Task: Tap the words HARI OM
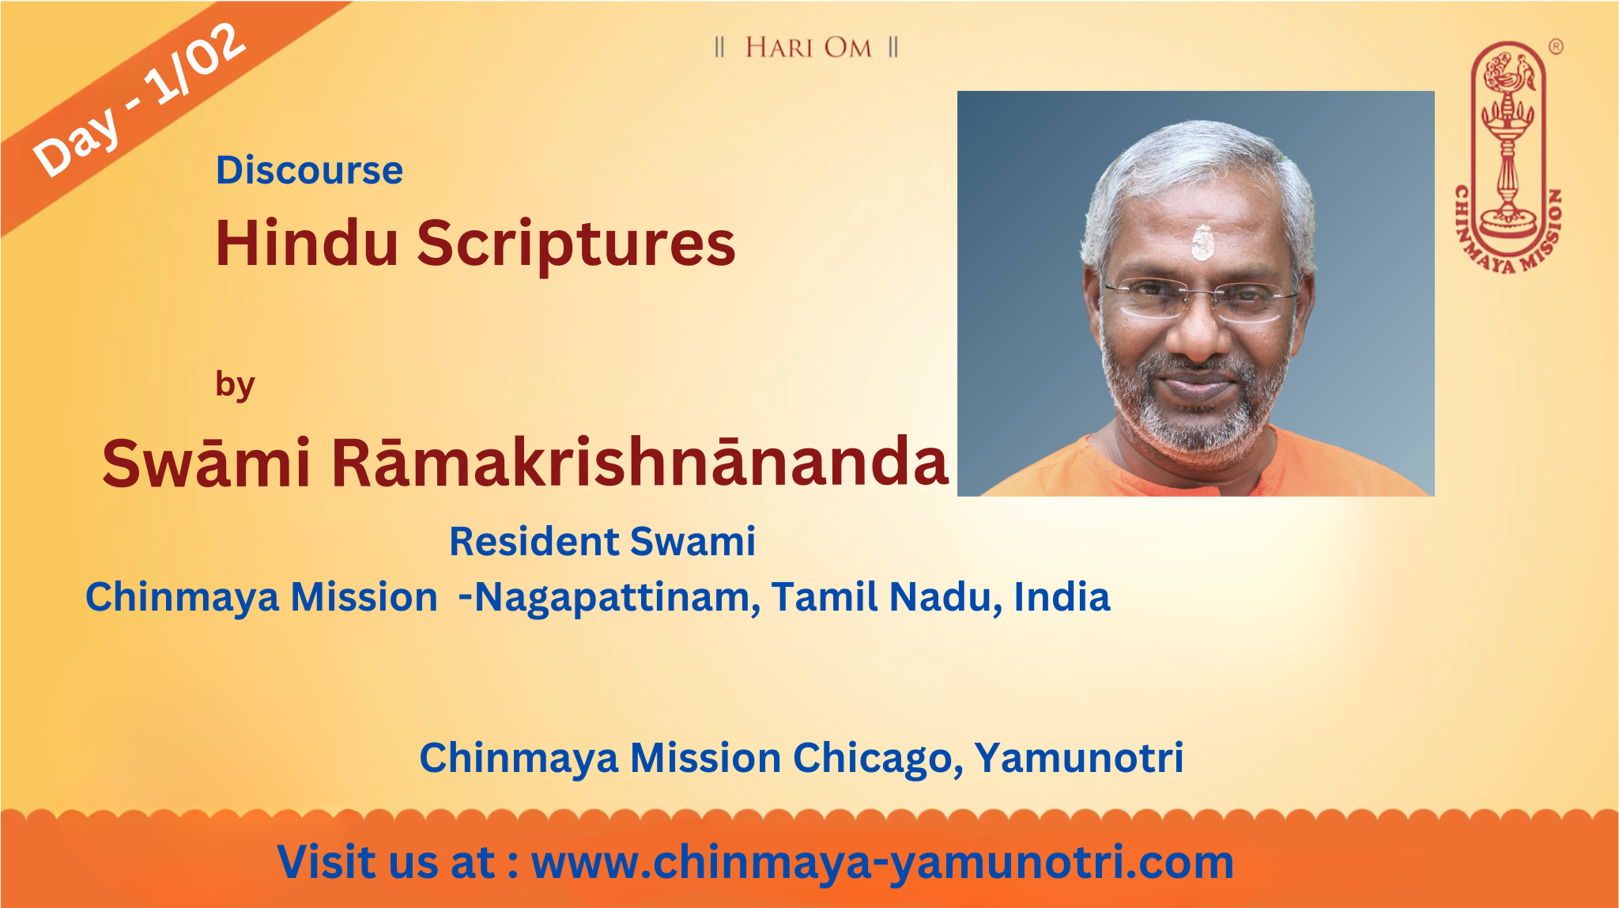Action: click(x=808, y=47)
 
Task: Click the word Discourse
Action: click(x=309, y=170)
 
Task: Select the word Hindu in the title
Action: click(x=307, y=242)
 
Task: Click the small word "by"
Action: click(x=235, y=386)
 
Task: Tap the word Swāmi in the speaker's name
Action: click(x=206, y=463)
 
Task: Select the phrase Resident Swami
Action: click(x=602, y=542)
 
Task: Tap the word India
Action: click(x=1062, y=597)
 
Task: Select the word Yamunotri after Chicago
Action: click(x=1078, y=758)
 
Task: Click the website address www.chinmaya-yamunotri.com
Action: click(x=882, y=863)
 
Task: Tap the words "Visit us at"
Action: click(x=386, y=862)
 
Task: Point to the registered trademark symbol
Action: click(x=1555, y=47)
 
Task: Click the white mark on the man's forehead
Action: click(x=1202, y=242)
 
